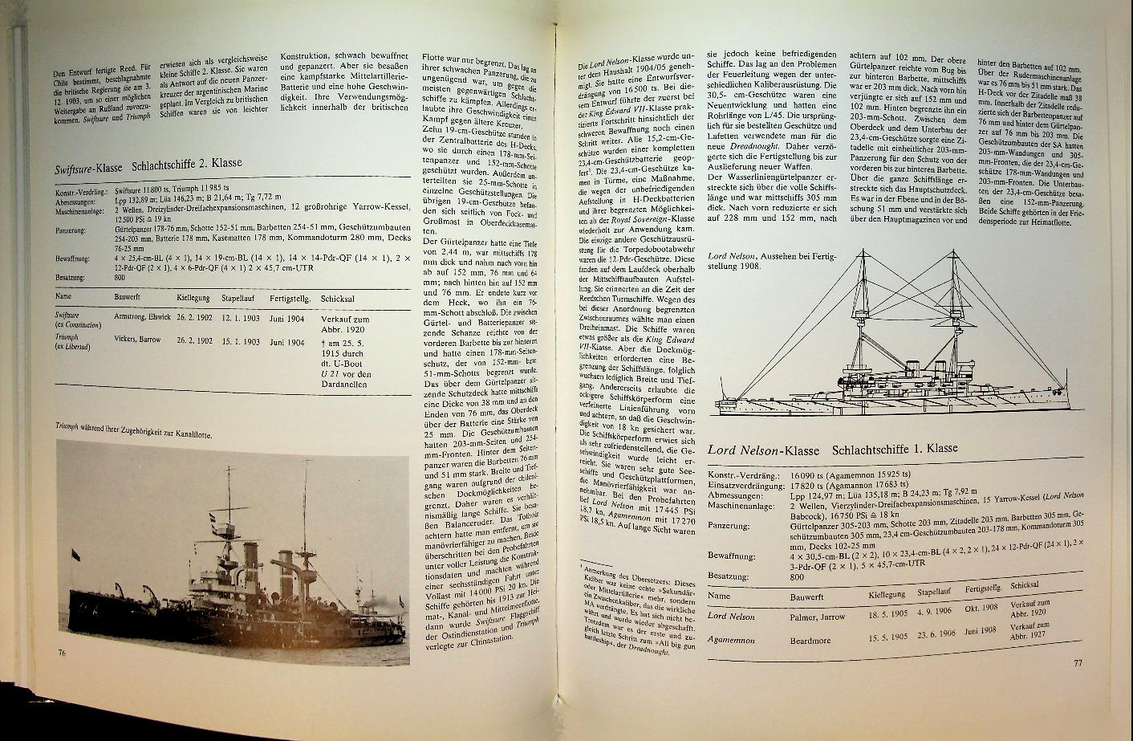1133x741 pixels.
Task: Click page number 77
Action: (1078, 663)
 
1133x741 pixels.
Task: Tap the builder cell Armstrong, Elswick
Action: (142, 317)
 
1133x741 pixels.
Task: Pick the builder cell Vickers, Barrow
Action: (137, 340)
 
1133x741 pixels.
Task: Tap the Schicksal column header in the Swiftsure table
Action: (338, 297)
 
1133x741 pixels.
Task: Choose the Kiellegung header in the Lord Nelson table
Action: (887, 593)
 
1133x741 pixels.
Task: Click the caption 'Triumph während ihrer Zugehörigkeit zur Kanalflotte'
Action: (139, 428)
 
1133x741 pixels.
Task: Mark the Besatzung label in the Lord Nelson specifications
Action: (729, 576)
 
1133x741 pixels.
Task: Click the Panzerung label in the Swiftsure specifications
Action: (71, 230)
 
